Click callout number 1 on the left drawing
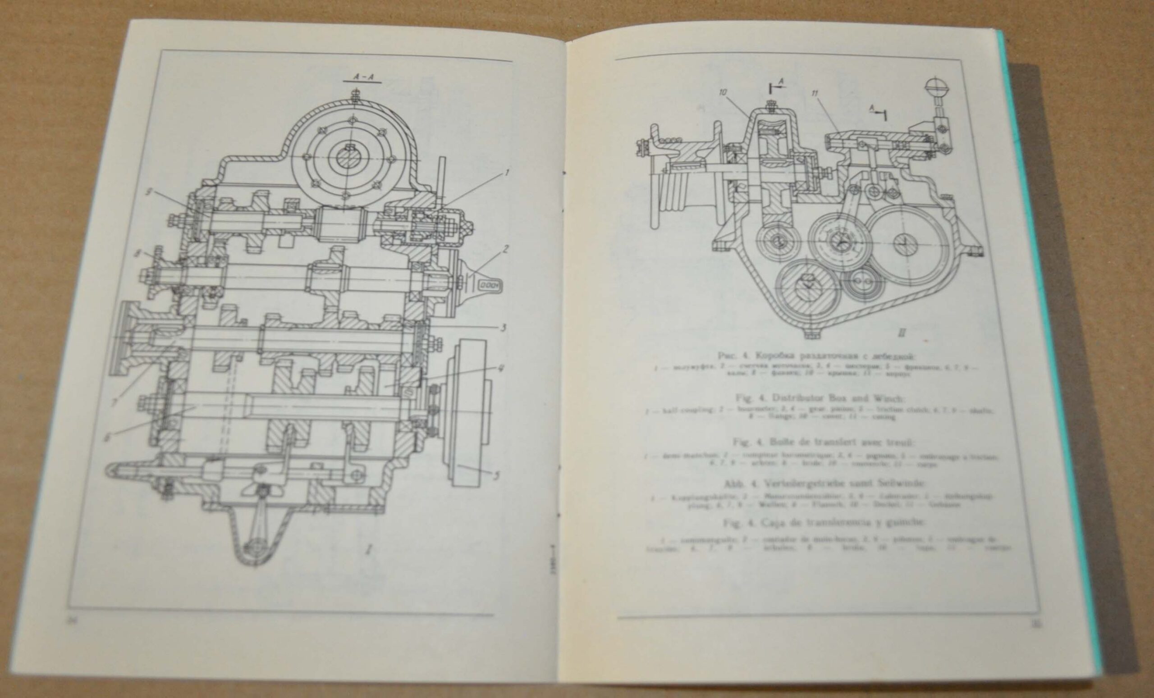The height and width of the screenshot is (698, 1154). (x=505, y=173)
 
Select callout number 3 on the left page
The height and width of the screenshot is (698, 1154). (x=503, y=327)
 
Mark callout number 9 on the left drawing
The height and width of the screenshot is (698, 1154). (x=148, y=192)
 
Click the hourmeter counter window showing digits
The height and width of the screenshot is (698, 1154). (x=489, y=284)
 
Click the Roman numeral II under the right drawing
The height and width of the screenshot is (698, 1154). (x=902, y=333)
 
